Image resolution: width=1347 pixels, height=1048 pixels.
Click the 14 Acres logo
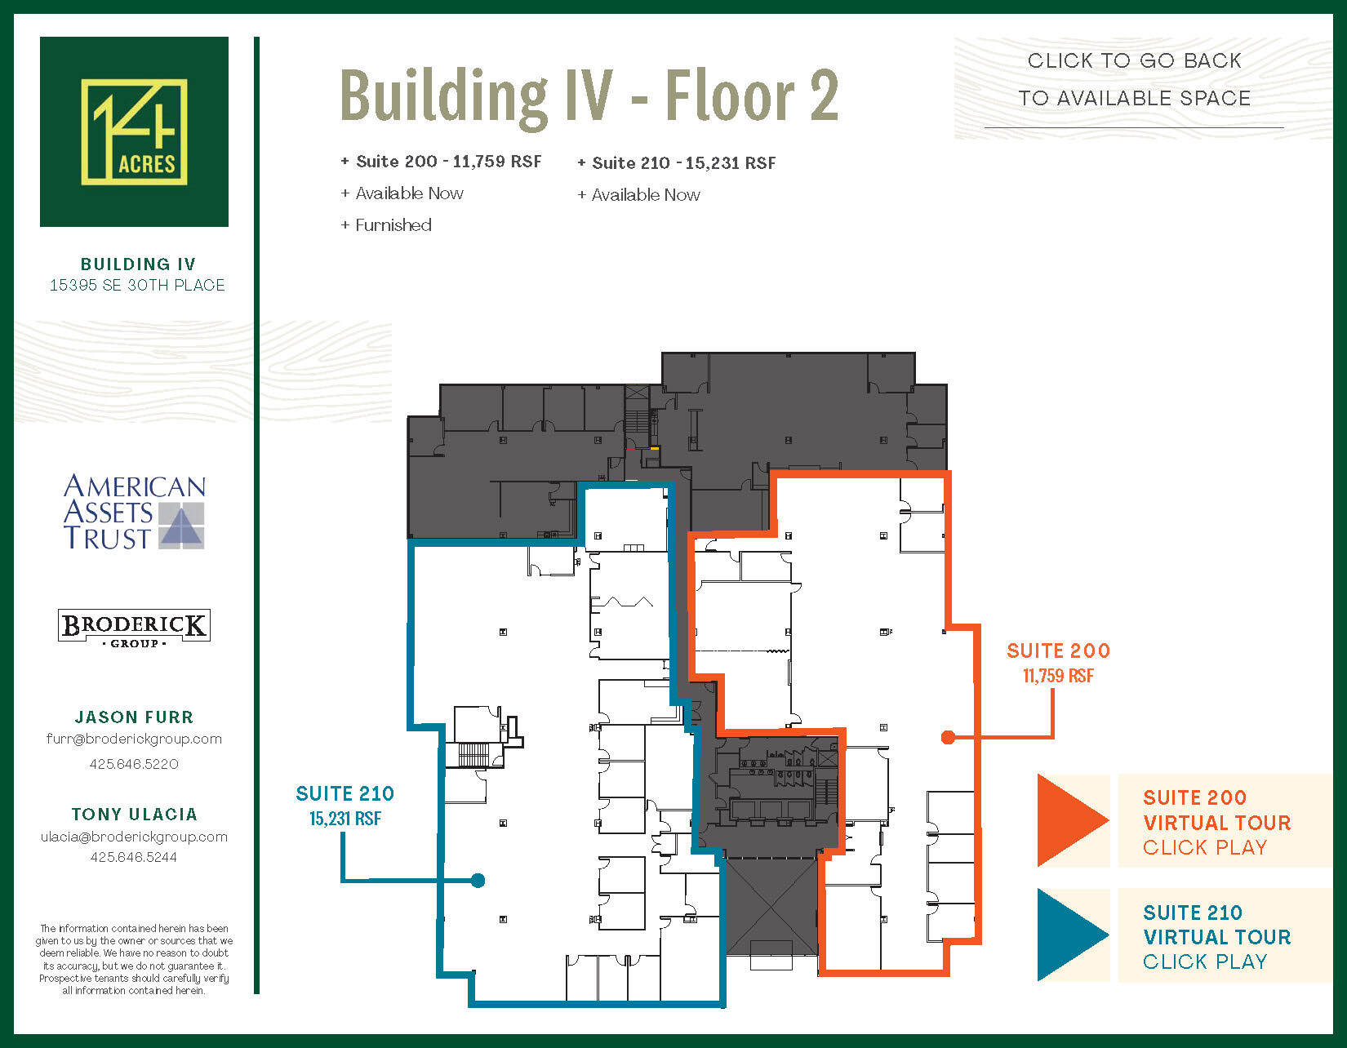(x=134, y=131)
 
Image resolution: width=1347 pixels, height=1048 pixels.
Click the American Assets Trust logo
(x=135, y=512)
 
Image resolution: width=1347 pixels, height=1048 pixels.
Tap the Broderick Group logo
(x=135, y=628)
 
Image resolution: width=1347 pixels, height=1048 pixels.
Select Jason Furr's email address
(x=134, y=739)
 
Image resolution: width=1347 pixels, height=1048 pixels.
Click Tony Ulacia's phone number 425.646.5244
(x=134, y=857)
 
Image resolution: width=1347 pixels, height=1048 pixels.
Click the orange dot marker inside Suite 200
(x=948, y=737)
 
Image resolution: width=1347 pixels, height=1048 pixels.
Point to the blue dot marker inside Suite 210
(x=478, y=880)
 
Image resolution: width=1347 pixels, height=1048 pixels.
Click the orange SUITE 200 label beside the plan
(x=1058, y=651)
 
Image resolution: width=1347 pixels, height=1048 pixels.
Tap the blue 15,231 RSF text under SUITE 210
(x=345, y=819)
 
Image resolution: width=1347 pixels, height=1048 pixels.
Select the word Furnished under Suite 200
(x=393, y=225)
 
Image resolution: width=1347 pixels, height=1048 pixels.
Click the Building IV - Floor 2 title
(x=589, y=96)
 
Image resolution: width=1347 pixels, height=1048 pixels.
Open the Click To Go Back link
(x=1134, y=79)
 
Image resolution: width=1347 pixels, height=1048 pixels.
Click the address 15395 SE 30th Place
(x=137, y=285)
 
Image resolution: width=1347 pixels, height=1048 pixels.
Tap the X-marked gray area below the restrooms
(x=771, y=906)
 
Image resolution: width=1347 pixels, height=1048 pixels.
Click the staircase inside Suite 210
(x=473, y=754)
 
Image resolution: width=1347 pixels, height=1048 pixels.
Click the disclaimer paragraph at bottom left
(x=134, y=959)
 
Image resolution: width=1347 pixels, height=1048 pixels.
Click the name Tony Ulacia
(x=134, y=814)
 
